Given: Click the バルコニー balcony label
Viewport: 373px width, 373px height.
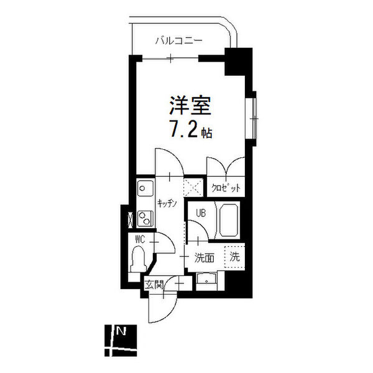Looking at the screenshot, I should coord(178,40).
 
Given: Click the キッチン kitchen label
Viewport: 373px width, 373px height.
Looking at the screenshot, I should coord(168,203).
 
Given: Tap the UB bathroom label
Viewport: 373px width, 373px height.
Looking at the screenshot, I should coord(201,213).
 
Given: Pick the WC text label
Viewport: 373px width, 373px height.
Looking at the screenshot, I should coord(140,239).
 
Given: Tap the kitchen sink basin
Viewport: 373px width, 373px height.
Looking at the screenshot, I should coord(145,188).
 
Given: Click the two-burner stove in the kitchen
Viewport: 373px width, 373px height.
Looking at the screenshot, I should coord(145,218).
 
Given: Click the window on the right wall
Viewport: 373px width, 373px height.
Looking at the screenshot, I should coord(254,117).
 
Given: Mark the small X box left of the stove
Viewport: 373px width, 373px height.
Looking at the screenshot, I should coord(129,219).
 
